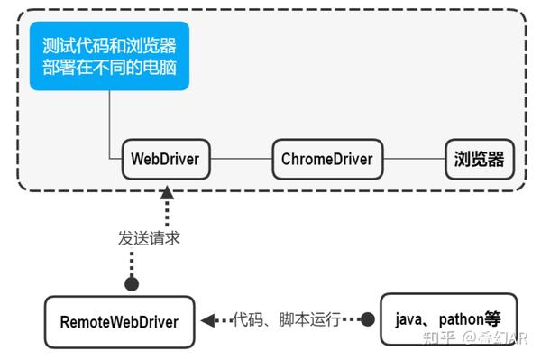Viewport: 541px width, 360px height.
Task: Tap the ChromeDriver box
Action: pyautogui.click(x=326, y=159)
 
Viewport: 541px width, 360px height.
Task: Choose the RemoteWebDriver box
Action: pyautogui.click(x=119, y=321)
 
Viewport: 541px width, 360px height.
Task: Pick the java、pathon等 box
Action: pyautogui.click(x=448, y=319)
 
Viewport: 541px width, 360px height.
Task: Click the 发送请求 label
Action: pyautogui.click(x=149, y=238)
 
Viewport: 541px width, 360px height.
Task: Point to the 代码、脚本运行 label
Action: pyautogui.click(x=286, y=319)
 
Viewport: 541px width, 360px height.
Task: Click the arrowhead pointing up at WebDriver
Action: pyautogui.click(x=167, y=191)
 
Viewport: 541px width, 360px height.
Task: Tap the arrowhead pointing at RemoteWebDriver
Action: pyautogui.click(x=206, y=320)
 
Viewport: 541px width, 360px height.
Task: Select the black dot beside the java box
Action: pyautogui.click(x=367, y=319)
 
